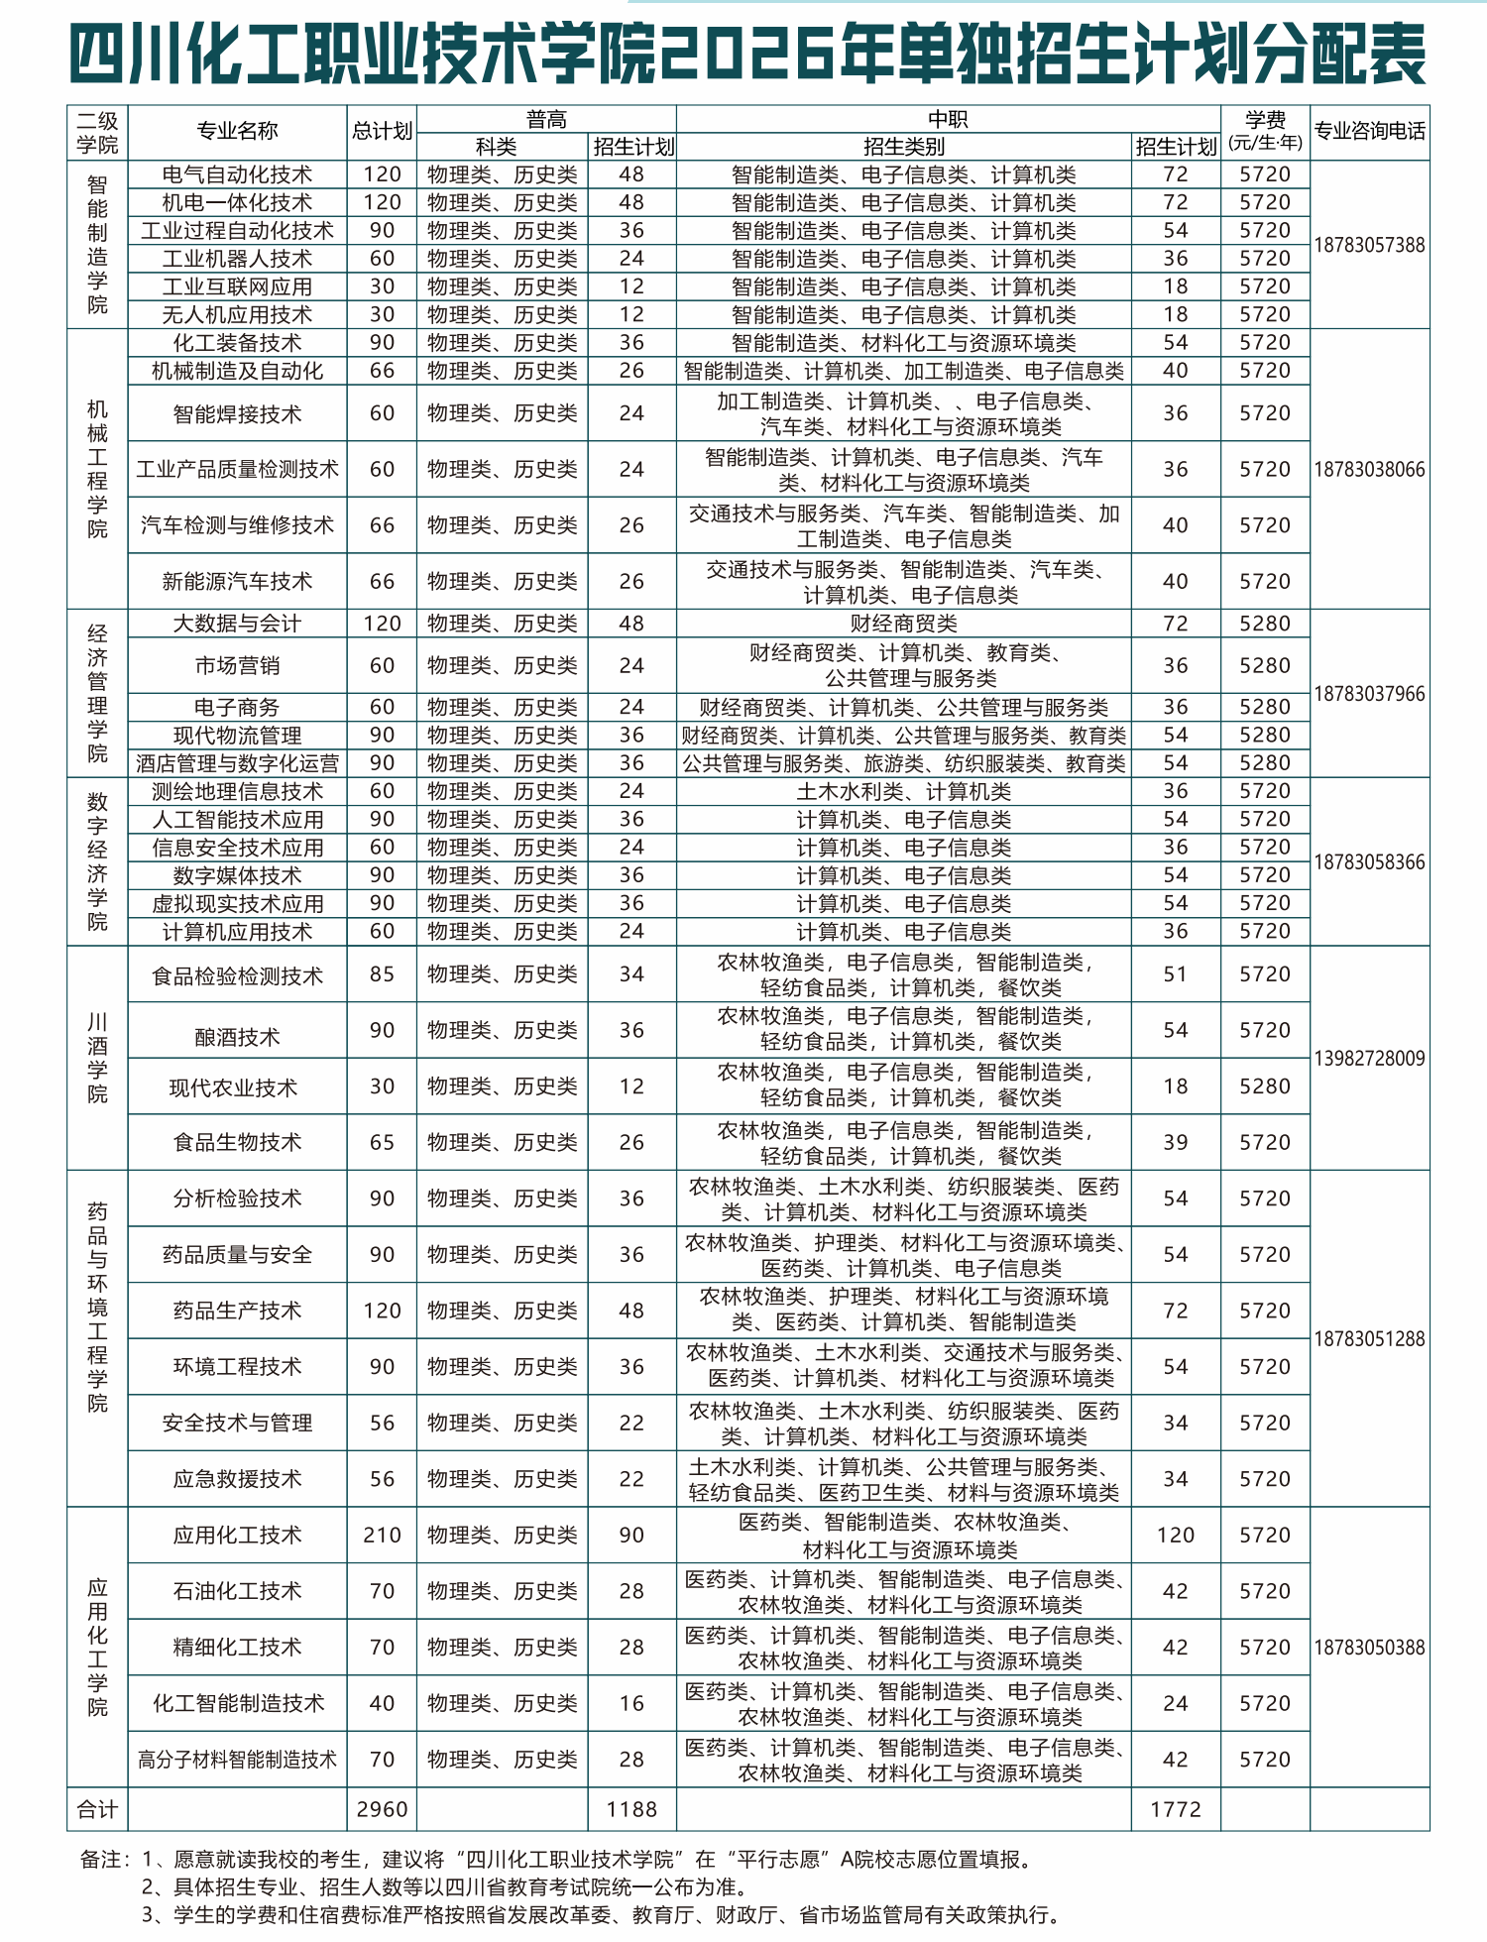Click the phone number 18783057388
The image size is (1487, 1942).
pyautogui.click(x=1369, y=245)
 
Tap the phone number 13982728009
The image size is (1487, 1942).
pyautogui.click(x=1369, y=1058)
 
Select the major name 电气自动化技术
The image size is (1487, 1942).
pyautogui.click(x=237, y=174)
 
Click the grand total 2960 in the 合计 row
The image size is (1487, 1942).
pyautogui.click(x=382, y=1809)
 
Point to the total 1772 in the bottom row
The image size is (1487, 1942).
pyautogui.click(x=1175, y=1809)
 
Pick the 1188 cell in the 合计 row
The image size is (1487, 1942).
pyautogui.click(x=631, y=1809)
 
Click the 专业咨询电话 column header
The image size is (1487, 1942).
pyautogui.click(x=1369, y=132)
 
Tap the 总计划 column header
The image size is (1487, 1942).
pyautogui.click(x=382, y=132)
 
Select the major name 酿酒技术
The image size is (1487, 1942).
pyautogui.click(x=237, y=1037)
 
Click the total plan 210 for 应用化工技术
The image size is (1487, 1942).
pyautogui.click(x=382, y=1535)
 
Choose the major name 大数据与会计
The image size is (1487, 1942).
pyautogui.click(x=237, y=624)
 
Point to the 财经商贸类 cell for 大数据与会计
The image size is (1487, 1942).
pyautogui.click(x=903, y=624)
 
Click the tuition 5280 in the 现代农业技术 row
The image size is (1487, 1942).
pyautogui.click(x=1265, y=1085)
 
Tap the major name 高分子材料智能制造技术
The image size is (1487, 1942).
pyautogui.click(x=237, y=1760)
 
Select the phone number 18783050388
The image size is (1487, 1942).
pyautogui.click(x=1369, y=1648)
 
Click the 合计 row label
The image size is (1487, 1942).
pyautogui.click(x=97, y=1809)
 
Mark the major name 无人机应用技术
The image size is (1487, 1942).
pyautogui.click(x=237, y=315)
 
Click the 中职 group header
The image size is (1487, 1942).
pyautogui.click(x=948, y=119)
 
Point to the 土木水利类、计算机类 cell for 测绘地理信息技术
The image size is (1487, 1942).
pyautogui.click(x=903, y=791)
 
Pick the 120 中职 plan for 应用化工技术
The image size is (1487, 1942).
pyautogui.click(x=1175, y=1535)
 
